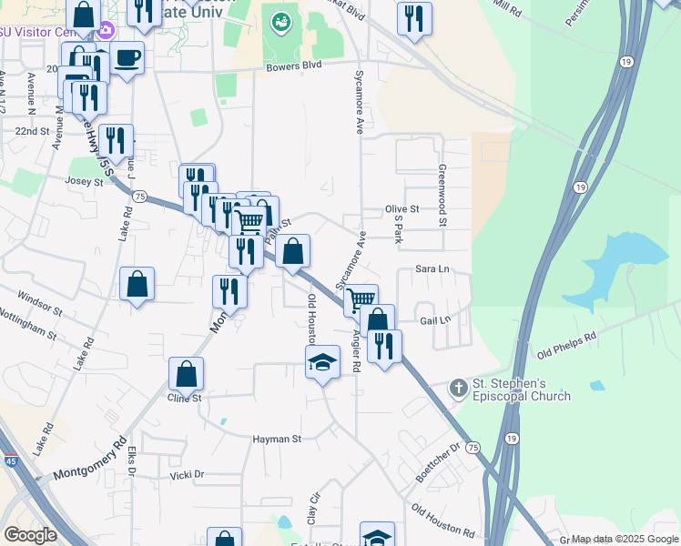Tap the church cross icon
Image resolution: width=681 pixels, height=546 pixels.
459,389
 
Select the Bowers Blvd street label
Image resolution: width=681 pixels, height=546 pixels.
295,66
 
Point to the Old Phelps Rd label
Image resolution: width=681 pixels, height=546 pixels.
566,343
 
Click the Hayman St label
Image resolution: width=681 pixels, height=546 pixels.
277,439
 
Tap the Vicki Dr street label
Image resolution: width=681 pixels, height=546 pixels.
187,475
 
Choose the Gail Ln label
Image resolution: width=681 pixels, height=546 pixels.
435,320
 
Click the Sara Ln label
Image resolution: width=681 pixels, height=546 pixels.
432,269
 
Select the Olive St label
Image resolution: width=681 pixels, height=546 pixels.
401,208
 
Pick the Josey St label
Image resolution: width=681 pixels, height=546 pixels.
85,181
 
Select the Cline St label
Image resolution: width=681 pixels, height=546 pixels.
183,398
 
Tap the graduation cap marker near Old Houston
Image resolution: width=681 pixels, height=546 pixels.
322,364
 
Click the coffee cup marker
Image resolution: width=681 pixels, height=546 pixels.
127,58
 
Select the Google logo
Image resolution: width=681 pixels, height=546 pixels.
30,534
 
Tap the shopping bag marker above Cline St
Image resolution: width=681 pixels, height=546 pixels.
186,373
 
